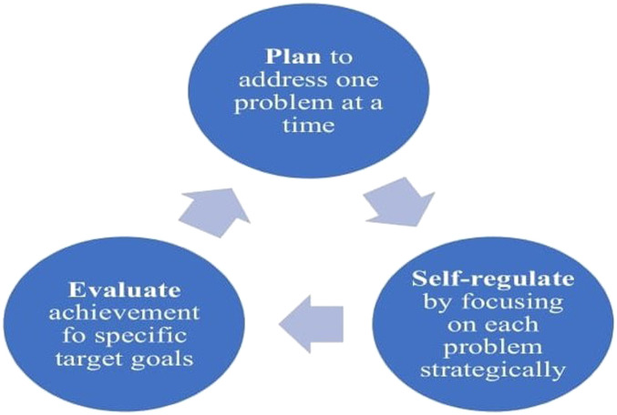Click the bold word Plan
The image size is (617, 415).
click(293, 57)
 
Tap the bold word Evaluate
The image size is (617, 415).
click(125, 290)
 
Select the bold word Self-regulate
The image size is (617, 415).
click(493, 279)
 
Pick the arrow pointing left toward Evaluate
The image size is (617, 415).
click(311, 324)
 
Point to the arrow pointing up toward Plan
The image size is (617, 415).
click(215, 212)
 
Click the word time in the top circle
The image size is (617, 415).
click(308, 126)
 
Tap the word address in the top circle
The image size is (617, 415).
click(283, 80)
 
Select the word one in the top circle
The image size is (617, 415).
click(357, 81)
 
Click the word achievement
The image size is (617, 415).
click(124, 313)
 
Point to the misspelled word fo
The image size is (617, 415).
click(72, 336)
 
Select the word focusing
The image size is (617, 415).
click(511, 303)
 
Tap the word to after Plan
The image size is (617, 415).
click(341, 57)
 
